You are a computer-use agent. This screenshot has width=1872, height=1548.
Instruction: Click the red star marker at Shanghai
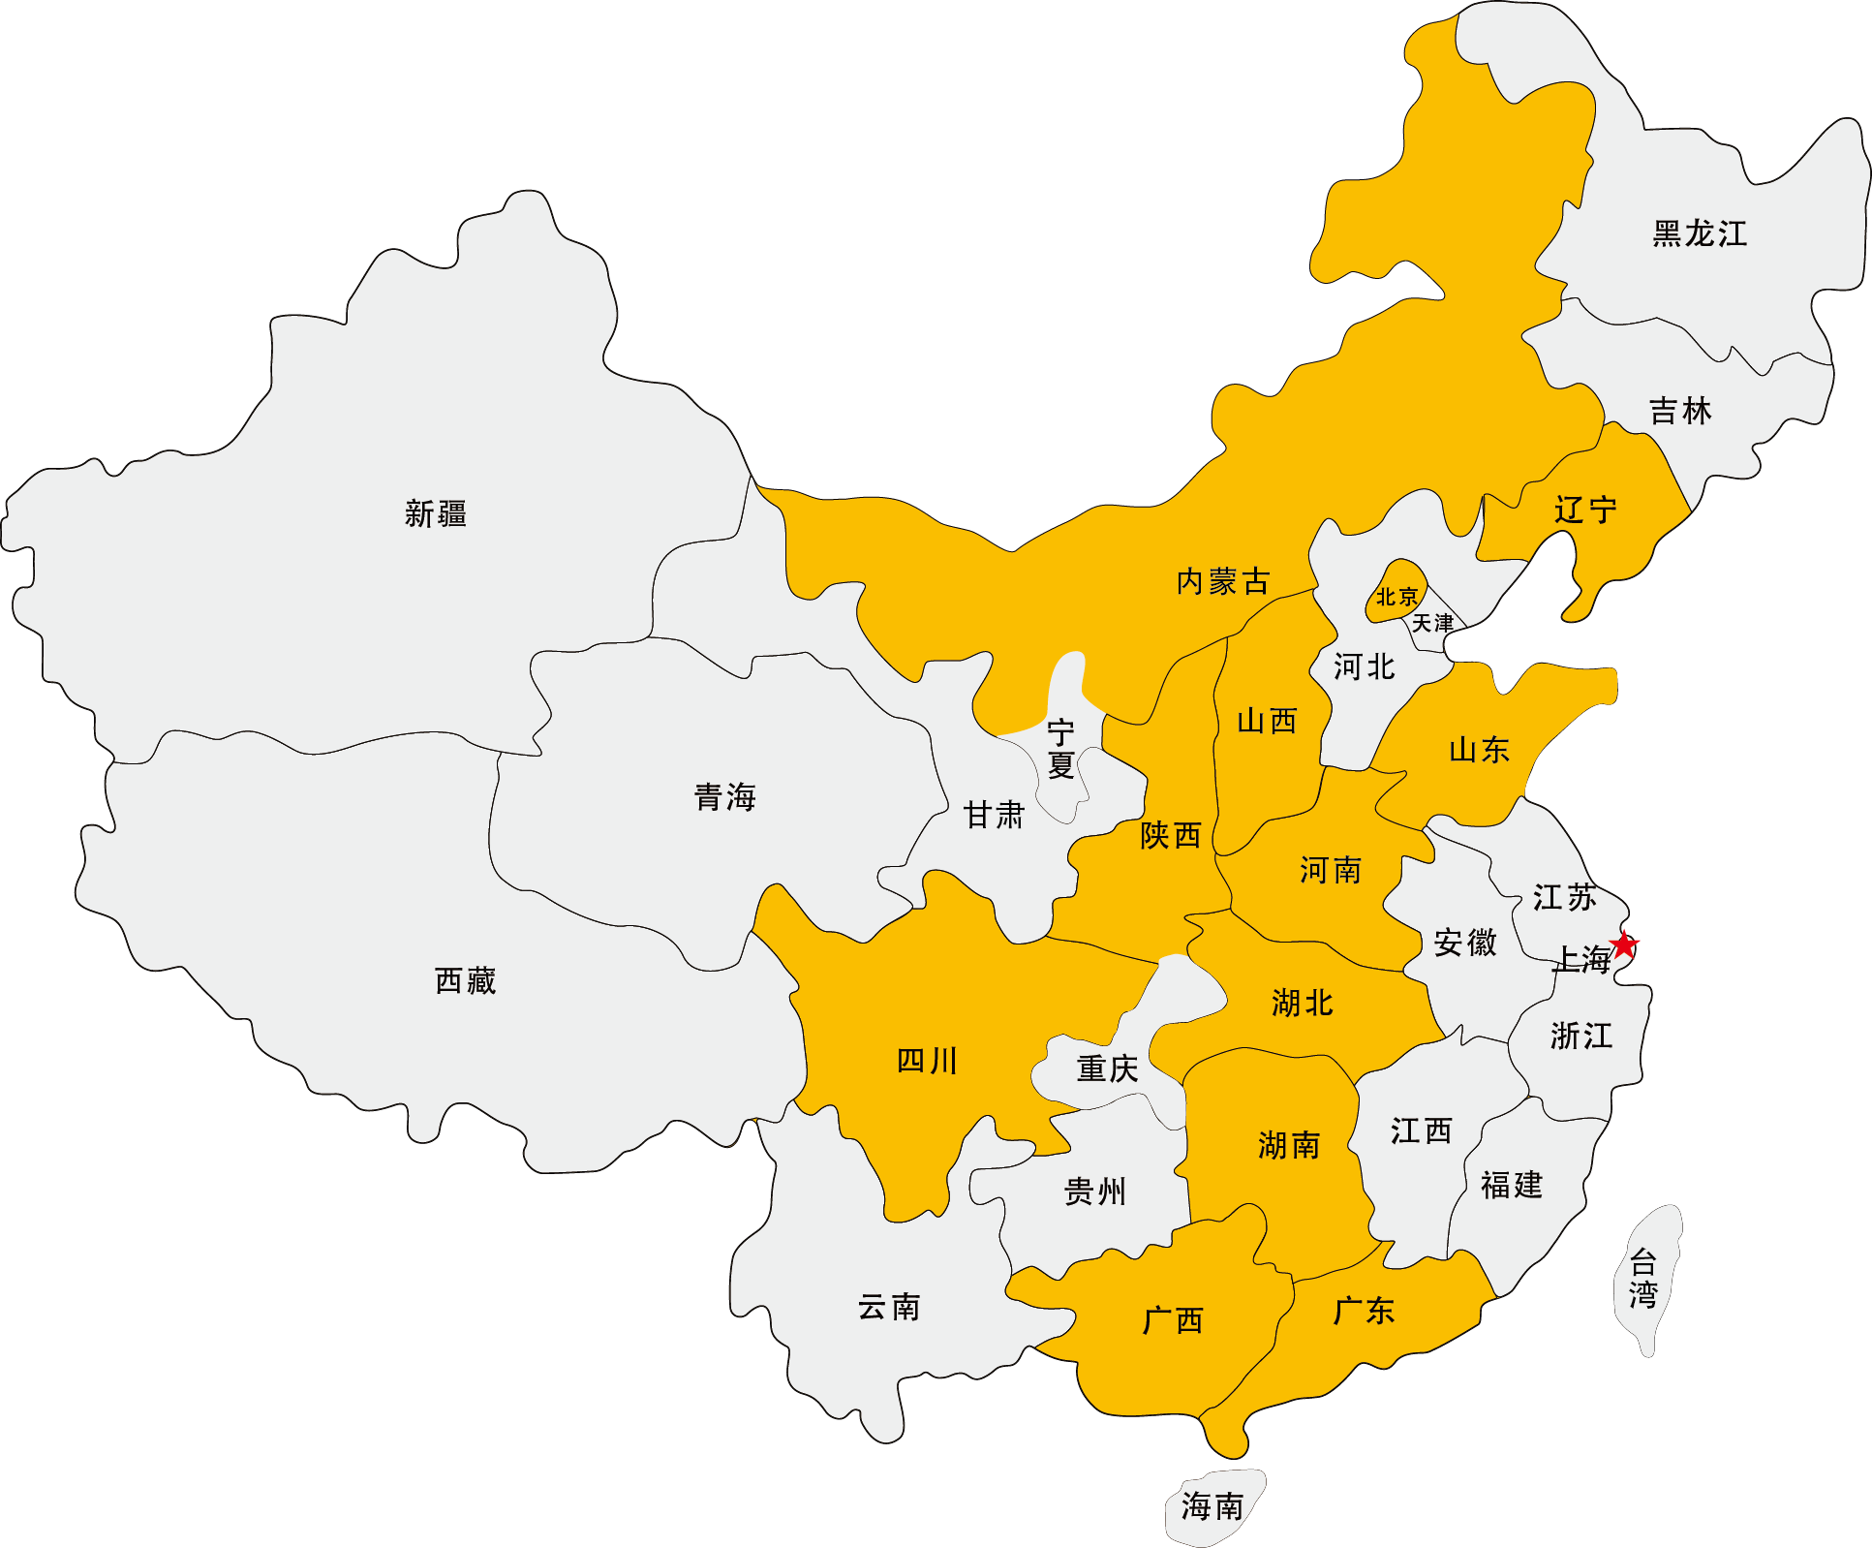1624,944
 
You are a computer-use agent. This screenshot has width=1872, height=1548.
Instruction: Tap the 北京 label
1396,597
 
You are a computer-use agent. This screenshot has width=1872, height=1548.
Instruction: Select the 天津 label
1432,623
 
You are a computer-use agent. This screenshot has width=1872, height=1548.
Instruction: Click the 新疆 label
436,513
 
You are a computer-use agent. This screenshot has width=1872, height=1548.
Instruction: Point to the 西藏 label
465,980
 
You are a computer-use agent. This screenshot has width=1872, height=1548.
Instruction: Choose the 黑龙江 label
1700,233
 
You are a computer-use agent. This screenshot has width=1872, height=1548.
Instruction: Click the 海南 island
1212,1507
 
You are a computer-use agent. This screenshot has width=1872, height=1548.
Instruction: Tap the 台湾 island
1644,1279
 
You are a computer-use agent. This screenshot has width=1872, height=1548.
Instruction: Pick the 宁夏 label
1061,749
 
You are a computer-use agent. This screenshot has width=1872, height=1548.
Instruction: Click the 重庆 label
1107,1068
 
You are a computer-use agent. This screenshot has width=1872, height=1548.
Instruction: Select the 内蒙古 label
1222,581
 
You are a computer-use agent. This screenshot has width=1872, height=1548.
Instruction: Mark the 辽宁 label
1585,510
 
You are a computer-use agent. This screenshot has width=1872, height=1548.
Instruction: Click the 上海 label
1582,959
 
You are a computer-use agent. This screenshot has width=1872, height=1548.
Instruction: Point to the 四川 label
927,1061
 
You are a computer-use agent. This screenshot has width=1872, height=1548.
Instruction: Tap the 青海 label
724,797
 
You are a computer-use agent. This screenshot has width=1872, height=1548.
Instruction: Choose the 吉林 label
1680,411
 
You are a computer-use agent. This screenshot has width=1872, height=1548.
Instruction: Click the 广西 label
1173,1319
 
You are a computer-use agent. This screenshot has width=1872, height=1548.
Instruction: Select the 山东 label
1479,749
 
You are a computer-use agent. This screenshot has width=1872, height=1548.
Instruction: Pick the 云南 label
889,1307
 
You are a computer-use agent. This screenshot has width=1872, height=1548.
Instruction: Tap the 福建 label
1511,1185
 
